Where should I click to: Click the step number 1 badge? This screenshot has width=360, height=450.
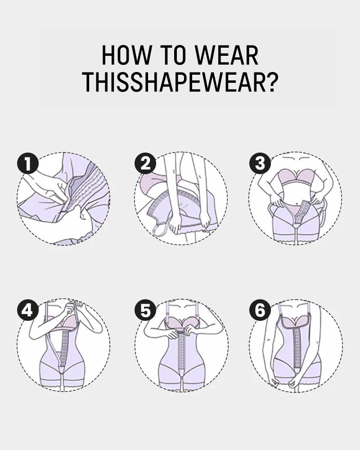tap(27, 163)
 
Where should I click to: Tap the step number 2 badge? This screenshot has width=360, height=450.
tap(145, 163)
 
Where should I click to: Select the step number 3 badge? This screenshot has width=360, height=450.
tap(260, 163)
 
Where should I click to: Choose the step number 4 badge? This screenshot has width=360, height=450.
tap(27, 311)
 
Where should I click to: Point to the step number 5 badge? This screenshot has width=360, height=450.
tap(145, 311)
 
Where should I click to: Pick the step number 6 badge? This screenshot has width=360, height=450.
tap(260, 311)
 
